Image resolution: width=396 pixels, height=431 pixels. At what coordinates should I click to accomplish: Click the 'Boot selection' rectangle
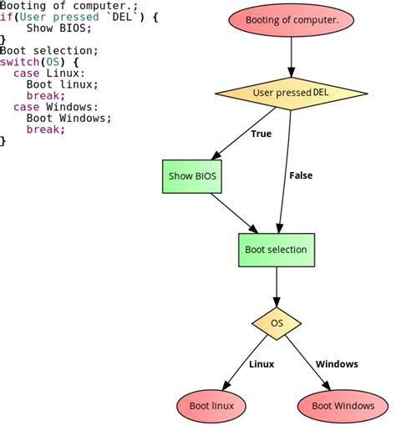coord(276,249)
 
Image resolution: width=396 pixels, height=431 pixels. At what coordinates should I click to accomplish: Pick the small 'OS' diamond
coord(277,322)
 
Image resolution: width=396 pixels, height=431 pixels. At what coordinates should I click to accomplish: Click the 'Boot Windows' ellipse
coord(343,407)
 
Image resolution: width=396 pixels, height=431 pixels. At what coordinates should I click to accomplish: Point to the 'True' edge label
coord(261,134)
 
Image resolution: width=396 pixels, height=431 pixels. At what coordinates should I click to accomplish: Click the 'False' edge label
coord(301,175)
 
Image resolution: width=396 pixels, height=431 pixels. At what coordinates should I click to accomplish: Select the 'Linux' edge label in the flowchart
coord(261,364)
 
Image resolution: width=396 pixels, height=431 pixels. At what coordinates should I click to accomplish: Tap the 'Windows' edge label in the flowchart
coord(337,364)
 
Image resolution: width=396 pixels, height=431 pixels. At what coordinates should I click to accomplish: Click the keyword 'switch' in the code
coord(18,62)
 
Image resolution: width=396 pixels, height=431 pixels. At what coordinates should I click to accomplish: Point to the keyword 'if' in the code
coord(6,17)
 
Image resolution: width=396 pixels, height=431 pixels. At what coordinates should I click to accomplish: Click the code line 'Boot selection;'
coord(48,50)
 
